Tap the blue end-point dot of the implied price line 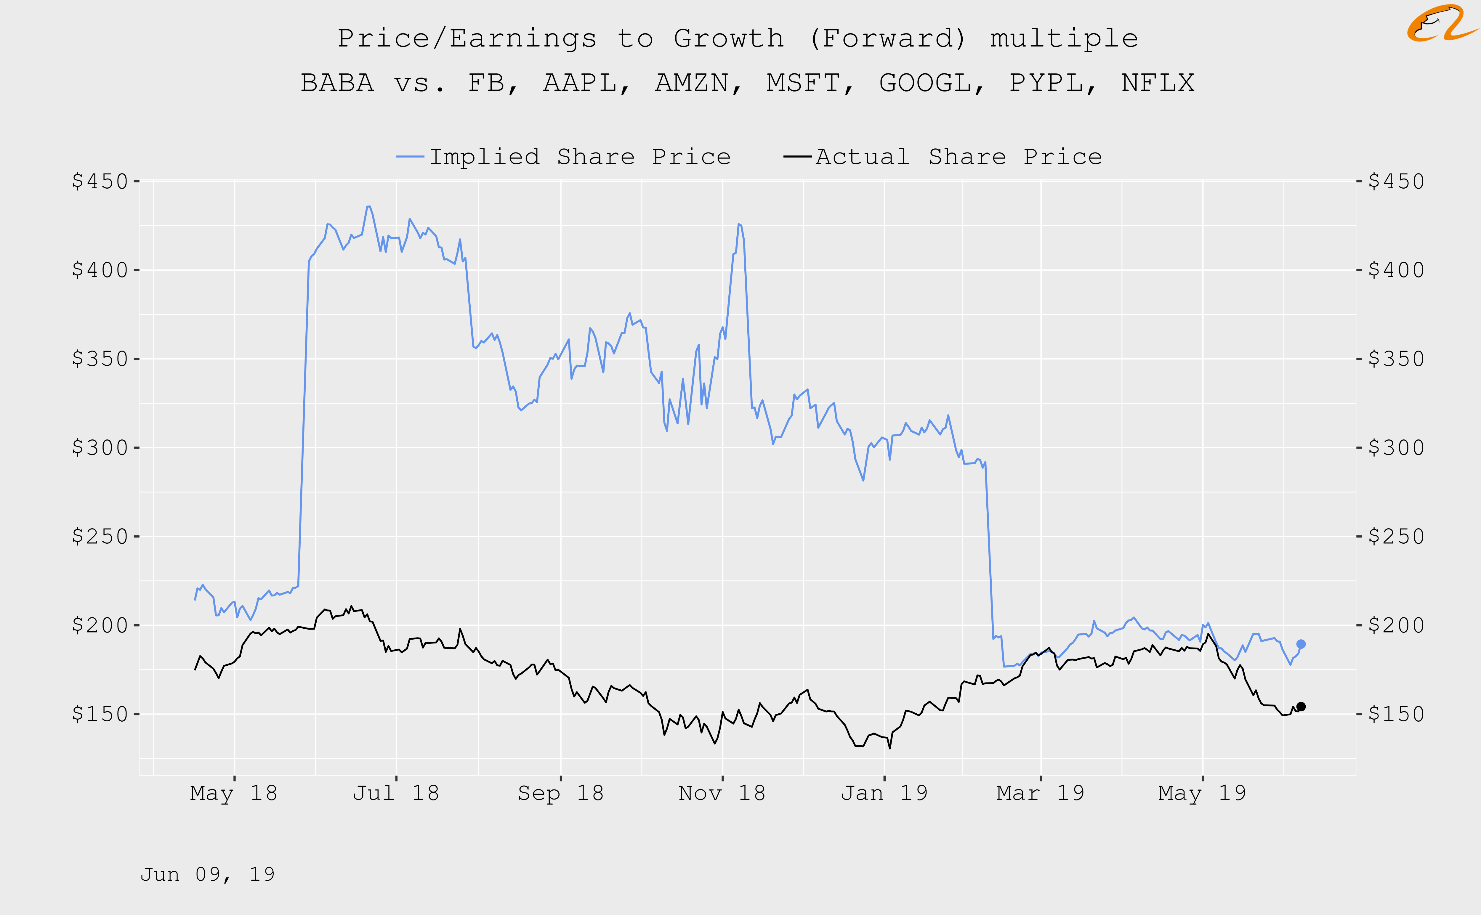point(1301,644)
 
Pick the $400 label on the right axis point(1396,270)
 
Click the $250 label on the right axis point(1396,536)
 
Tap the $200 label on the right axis point(1396,625)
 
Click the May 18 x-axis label point(234,793)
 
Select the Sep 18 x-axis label point(560,793)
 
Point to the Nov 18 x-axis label point(722,793)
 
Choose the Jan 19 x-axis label point(884,793)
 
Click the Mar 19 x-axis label point(1040,793)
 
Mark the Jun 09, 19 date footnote point(208,874)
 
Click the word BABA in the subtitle point(337,83)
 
